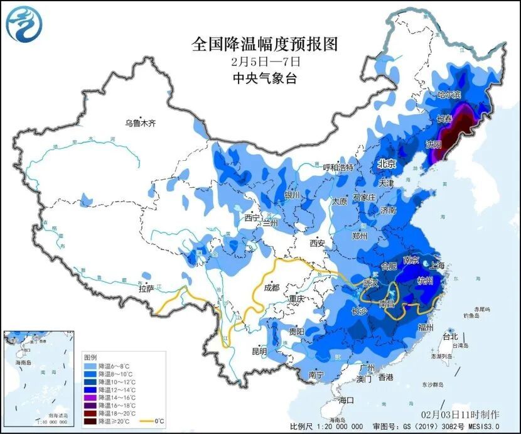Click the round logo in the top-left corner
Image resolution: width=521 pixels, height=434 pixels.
pos(22,23)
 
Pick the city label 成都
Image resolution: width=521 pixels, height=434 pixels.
pos(271,288)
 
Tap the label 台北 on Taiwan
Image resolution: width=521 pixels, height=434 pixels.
pos(451,335)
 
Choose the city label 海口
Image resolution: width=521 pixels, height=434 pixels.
pos(346,400)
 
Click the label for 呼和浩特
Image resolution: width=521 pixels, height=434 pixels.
pos(338,168)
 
